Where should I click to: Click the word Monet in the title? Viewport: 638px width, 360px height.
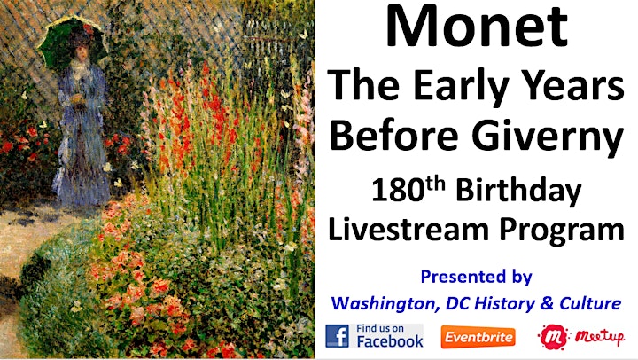[x=477, y=27]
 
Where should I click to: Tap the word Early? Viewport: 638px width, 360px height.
[x=460, y=86]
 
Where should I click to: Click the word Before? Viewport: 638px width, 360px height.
[x=393, y=135]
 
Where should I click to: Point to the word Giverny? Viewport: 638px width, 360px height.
[x=548, y=137]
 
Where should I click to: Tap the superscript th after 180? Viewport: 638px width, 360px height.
[x=435, y=184]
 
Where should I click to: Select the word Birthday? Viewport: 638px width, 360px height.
[x=518, y=192]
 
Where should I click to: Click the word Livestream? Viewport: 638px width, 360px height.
[x=408, y=229]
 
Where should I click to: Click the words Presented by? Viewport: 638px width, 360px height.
[x=476, y=278]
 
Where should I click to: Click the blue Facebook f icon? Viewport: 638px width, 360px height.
[x=337, y=336]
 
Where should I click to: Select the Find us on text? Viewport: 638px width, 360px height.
[x=380, y=328]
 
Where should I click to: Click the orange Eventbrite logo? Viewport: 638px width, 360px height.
[x=478, y=337]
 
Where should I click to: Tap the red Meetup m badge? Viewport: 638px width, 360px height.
[x=553, y=337]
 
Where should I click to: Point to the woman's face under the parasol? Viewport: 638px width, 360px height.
[x=80, y=53]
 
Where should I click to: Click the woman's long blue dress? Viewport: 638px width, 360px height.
[x=82, y=138]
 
